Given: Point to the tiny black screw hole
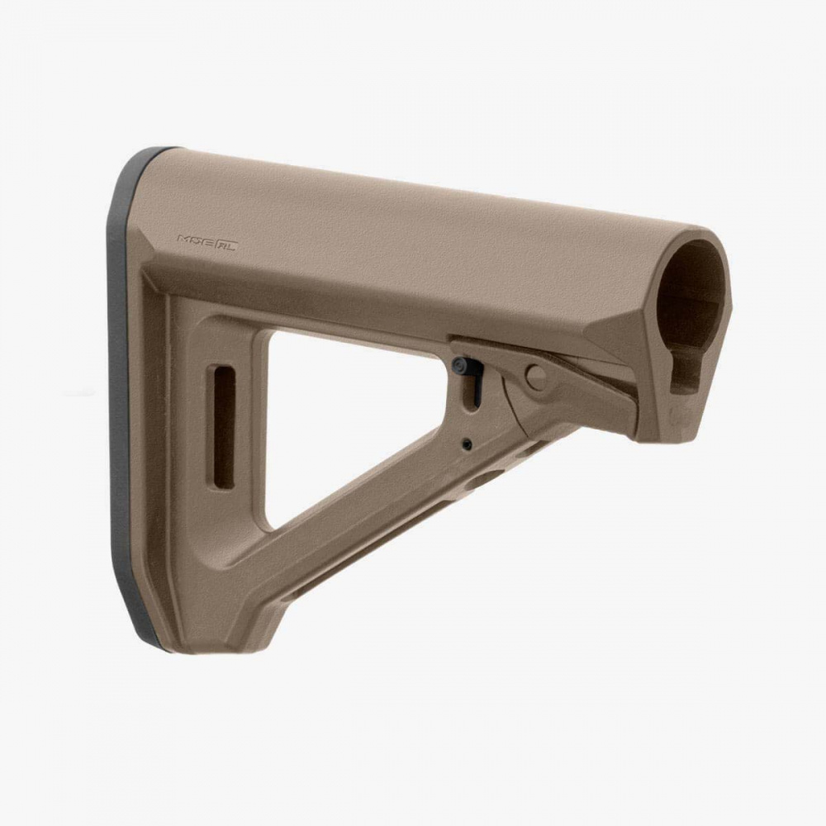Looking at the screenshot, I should [468, 444].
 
